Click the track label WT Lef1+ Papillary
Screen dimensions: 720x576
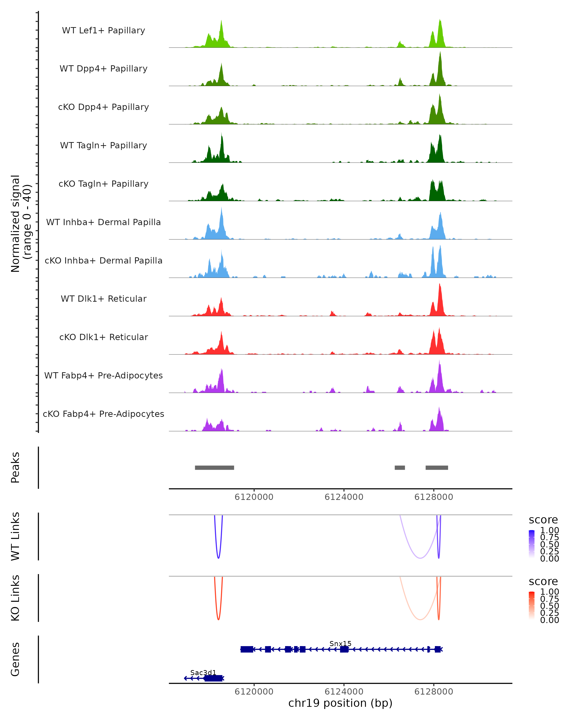[103, 30]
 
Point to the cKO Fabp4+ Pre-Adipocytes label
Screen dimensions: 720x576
[103, 414]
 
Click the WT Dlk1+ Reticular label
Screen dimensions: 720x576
[103, 299]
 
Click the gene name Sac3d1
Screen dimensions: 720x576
[203, 672]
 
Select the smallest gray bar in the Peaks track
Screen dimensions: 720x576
[400, 468]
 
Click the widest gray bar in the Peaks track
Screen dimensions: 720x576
[214, 468]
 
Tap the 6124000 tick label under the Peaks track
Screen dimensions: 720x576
[344, 497]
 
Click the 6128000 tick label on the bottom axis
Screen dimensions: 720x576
[433, 691]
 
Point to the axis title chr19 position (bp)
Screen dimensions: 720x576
[340, 703]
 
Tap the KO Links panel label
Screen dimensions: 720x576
[15, 598]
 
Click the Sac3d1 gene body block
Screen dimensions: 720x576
[213, 678]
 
